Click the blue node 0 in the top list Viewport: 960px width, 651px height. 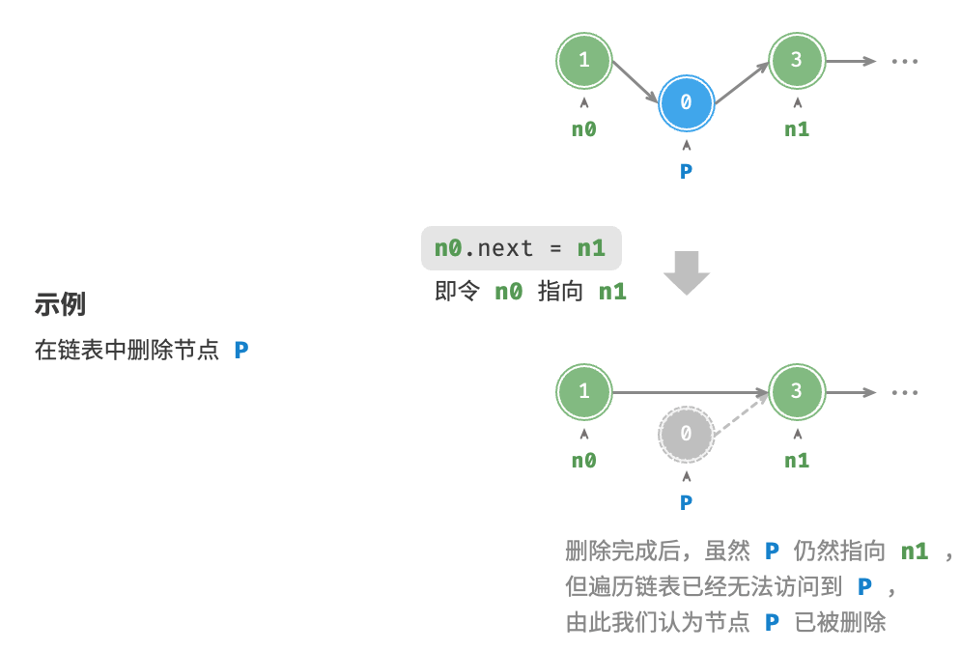pyautogui.click(x=687, y=103)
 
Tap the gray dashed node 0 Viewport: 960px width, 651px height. pyautogui.click(x=687, y=435)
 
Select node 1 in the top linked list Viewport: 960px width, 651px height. pyautogui.click(x=584, y=61)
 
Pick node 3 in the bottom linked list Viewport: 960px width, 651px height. pyautogui.click(x=797, y=392)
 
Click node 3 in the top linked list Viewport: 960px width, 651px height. pyautogui.click(x=797, y=61)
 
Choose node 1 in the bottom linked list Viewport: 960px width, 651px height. pyautogui.click(x=584, y=392)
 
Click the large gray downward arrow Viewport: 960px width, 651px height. pyautogui.click(x=687, y=273)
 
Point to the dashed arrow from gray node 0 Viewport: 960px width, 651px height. pyautogui.click(x=742, y=414)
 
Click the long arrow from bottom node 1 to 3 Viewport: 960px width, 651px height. pyautogui.click(x=691, y=392)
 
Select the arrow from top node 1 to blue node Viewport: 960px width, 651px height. pyautogui.click(x=635, y=82)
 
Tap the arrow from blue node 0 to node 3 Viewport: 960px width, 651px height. pyautogui.click(x=742, y=82)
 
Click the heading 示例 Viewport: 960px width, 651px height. pyautogui.click(x=60, y=304)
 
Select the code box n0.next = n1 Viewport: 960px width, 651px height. pyautogui.click(x=521, y=248)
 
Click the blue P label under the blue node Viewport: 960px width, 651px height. pyautogui.click(x=687, y=172)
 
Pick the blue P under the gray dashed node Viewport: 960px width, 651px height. pyautogui.click(x=687, y=503)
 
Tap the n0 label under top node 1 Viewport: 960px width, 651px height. pyautogui.click(x=584, y=129)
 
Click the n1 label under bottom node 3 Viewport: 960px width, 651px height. pyautogui.click(x=797, y=461)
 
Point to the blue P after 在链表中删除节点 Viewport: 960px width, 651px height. pyautogui.click(x=241, y=351)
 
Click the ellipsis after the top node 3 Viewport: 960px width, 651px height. pyautogui.click(x=905, y=61)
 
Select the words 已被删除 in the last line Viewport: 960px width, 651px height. pyautogui.click(x=840, y=623)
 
